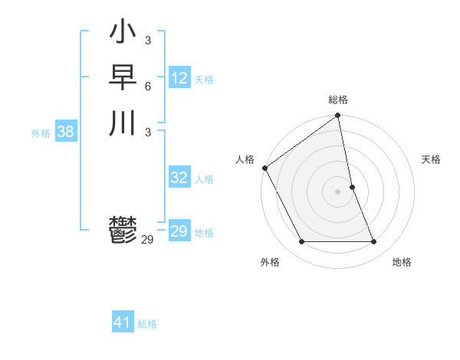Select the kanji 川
(123, 123)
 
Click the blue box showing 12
(179, 78)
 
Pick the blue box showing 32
(179, 178)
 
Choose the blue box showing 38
(65, 132)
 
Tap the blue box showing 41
(123, 322)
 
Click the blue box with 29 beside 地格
(179, 231)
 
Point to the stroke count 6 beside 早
(148, 86)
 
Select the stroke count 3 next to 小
(148, 41)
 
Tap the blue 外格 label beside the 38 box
(41, 133)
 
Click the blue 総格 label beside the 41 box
(147, 324)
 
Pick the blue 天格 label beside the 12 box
(204, 80)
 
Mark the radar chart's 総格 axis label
(338, 100)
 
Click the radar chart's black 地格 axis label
(402, 263)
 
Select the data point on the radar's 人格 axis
(264, 168)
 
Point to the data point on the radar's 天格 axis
(352, 187)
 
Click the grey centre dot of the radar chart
(337, 191)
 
